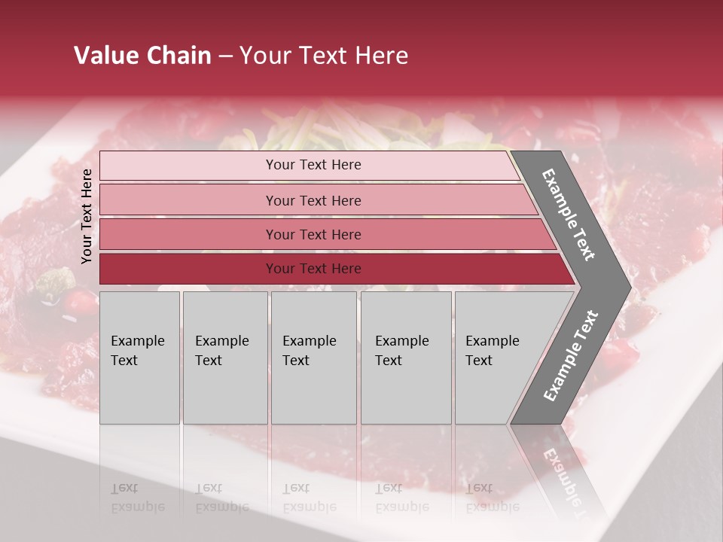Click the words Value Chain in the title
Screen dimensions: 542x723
[x=142, y=56]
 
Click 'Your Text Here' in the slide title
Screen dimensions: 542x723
[x=324, y=56]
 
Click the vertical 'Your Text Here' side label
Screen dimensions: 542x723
[x=87, y=217]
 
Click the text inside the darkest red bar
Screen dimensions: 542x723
[x=313, y=269]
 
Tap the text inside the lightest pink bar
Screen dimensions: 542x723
[x=313, y=165]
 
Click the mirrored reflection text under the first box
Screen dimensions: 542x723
[x=137, y=498]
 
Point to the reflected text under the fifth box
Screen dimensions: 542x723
[x=492, y=498]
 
